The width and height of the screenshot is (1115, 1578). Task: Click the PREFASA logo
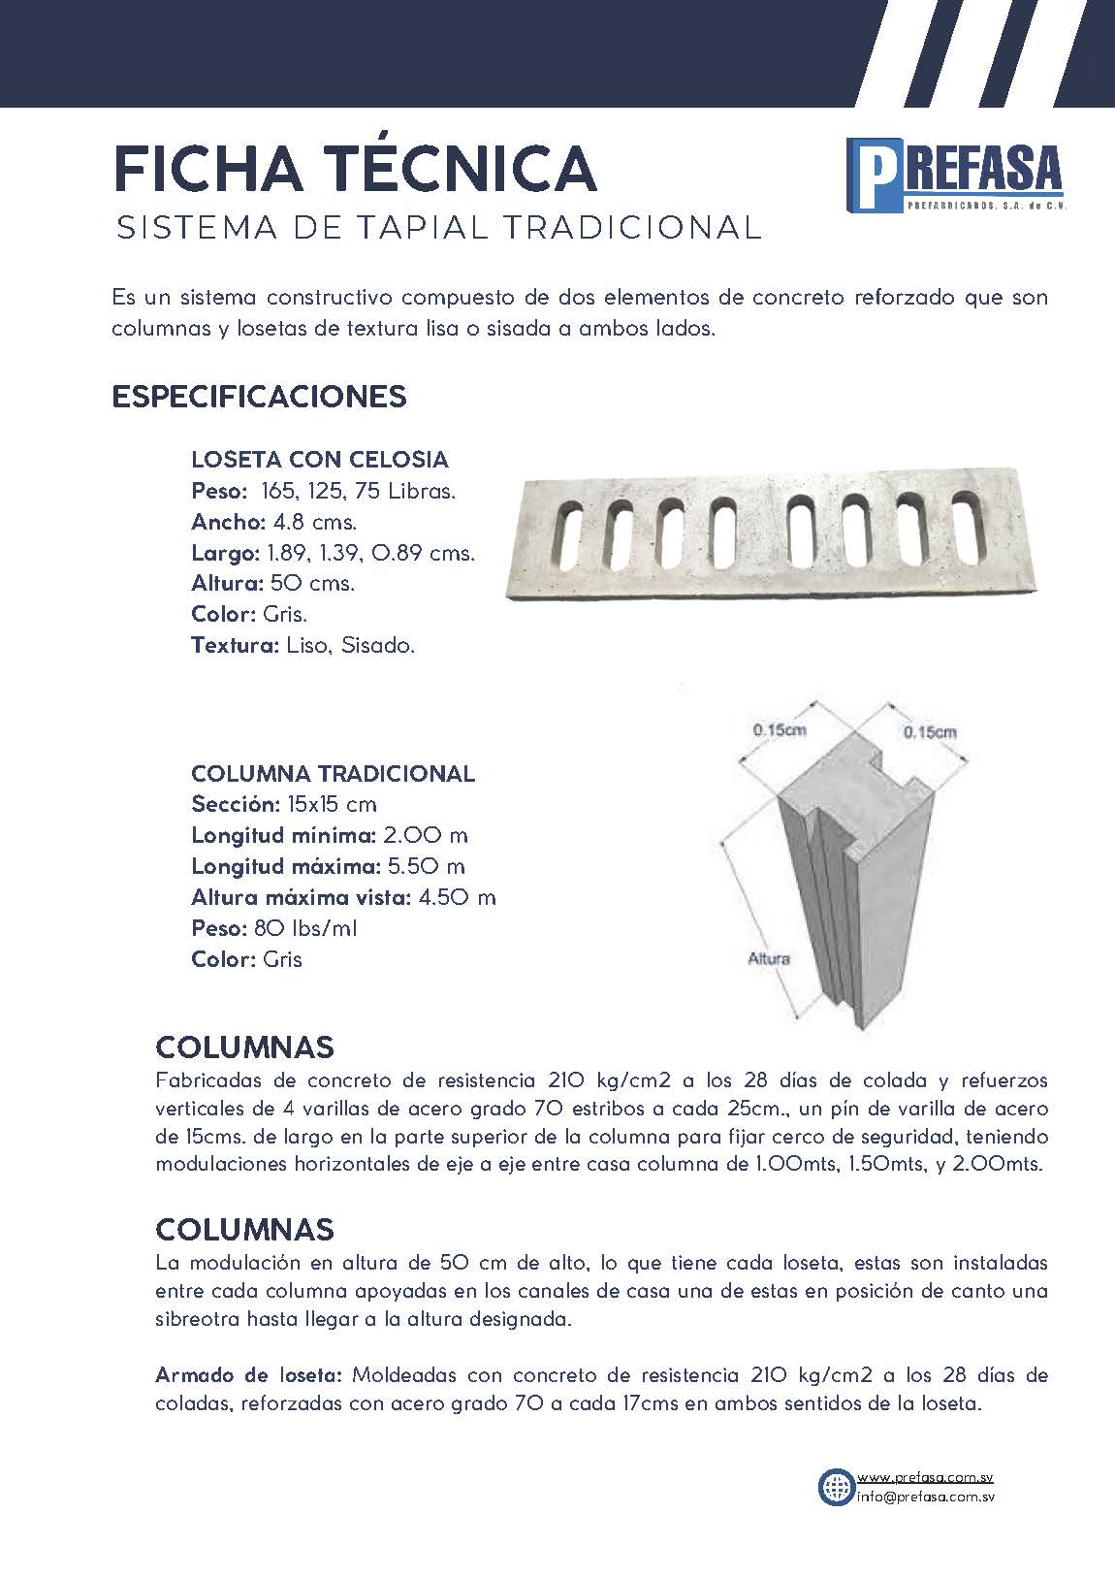coord(954,176)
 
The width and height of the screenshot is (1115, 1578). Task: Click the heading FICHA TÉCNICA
coord(355,169)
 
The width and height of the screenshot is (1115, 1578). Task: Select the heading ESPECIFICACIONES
coord(259,397)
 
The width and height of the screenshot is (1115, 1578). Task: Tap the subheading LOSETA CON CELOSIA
coord(320,459)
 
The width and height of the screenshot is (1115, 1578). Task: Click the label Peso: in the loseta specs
coord(219,491)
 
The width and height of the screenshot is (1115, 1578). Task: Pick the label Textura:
coord(235,645)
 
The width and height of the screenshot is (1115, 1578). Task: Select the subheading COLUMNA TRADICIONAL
coord(333,774)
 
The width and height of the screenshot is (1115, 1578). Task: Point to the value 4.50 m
coord(458,897)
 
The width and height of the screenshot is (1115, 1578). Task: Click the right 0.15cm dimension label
coord(929,732)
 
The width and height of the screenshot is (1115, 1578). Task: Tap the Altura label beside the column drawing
coord(769,958)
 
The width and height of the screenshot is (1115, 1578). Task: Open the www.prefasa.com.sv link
coord(925,1477)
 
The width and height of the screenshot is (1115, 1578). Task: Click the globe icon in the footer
coord(835,1486)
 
